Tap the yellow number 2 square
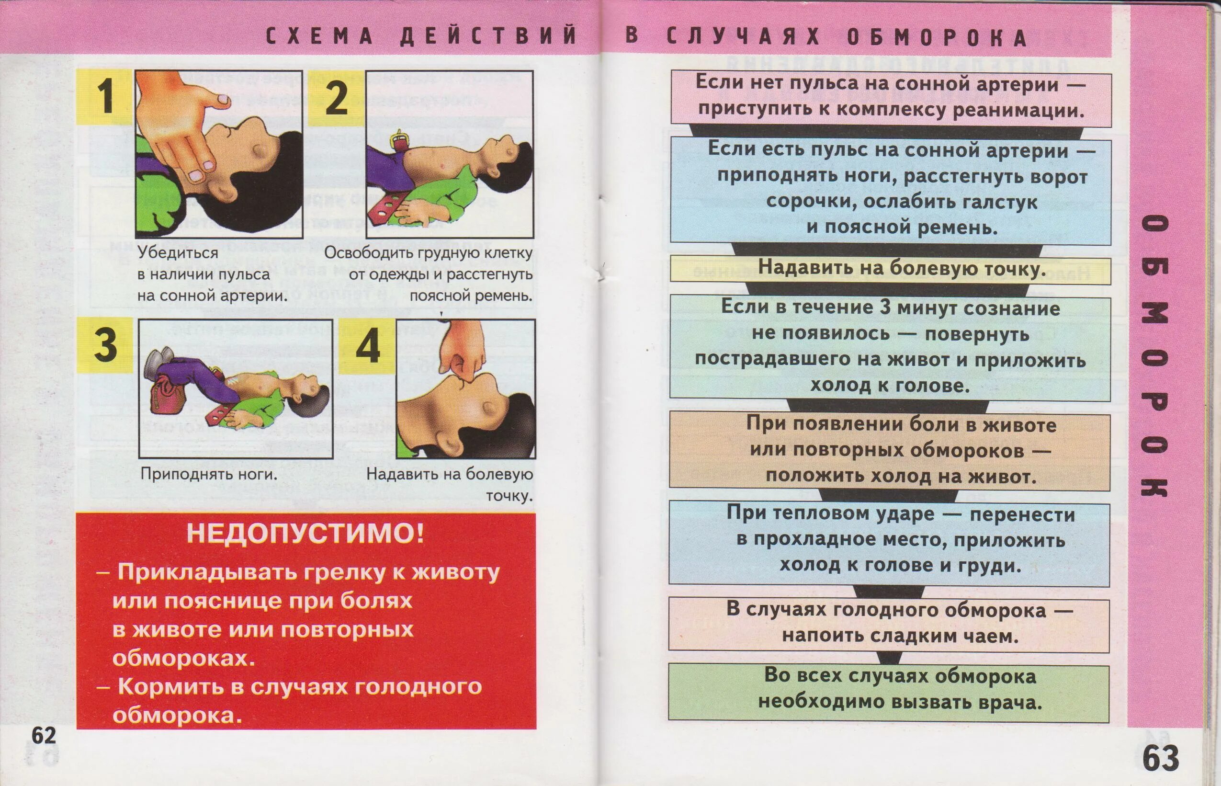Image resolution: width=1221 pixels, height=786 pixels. point(336,97)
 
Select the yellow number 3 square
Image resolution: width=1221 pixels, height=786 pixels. point(106,344)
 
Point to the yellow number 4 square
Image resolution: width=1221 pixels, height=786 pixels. point(367,346)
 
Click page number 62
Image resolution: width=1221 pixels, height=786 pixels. point(44,736)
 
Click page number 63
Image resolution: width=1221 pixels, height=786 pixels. point(1161,757)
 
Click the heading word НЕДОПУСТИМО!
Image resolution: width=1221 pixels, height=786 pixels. point(305,534)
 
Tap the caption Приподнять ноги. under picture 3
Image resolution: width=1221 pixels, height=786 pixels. point(209,474)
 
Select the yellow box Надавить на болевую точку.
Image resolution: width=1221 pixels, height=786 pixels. point(890,269)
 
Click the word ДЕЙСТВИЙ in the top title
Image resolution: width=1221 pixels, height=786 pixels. point(488,37)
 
